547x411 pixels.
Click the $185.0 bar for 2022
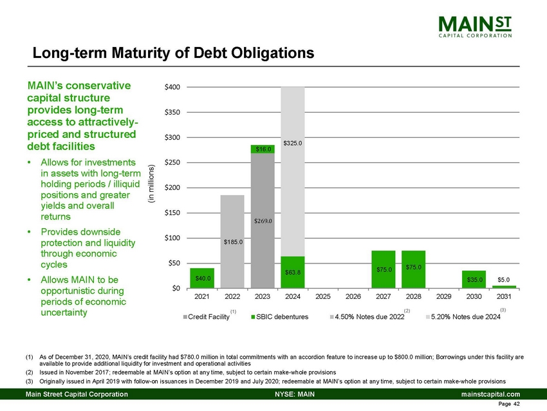pos(232,242)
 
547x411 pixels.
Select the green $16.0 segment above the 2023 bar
pos(263,149)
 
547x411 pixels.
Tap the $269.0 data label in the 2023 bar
pos(263,220)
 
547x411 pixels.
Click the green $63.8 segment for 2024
pos(293,272)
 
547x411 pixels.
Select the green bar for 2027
pos(384,269)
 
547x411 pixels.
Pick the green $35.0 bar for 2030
pos(474,280)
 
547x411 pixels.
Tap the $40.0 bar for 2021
pos(202,278)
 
